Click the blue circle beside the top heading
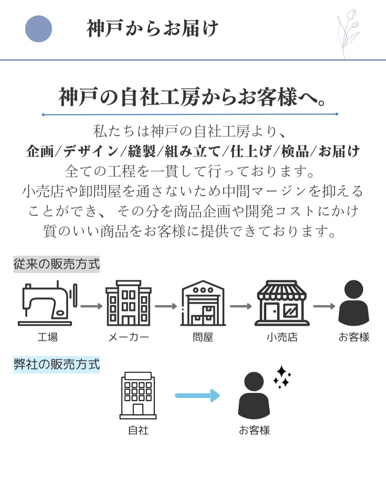[x=39, y=29]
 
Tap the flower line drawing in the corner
[x=348, y=33]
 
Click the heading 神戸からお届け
[x=152, y=29]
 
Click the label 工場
[x=47, y=337]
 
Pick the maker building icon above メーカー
[x=128, y=303]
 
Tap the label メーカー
[x=128, y=337]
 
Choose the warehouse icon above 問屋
[x=202, y=303]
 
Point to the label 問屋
[x=202, y=337]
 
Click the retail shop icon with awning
[x=281, y=303]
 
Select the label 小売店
[x=281, y=337]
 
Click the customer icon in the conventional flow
[x=353, y=303]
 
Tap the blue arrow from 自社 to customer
[x=197, y=395]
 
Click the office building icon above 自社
[x=138, y=395]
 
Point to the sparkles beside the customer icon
[x=282, y=377]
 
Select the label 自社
[x=138, y=430]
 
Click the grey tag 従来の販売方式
[x=57, y=264]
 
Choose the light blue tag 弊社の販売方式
[x=57, y=365]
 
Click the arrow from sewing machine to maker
[x=91, y=306]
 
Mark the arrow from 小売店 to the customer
[x=324, y=306]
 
